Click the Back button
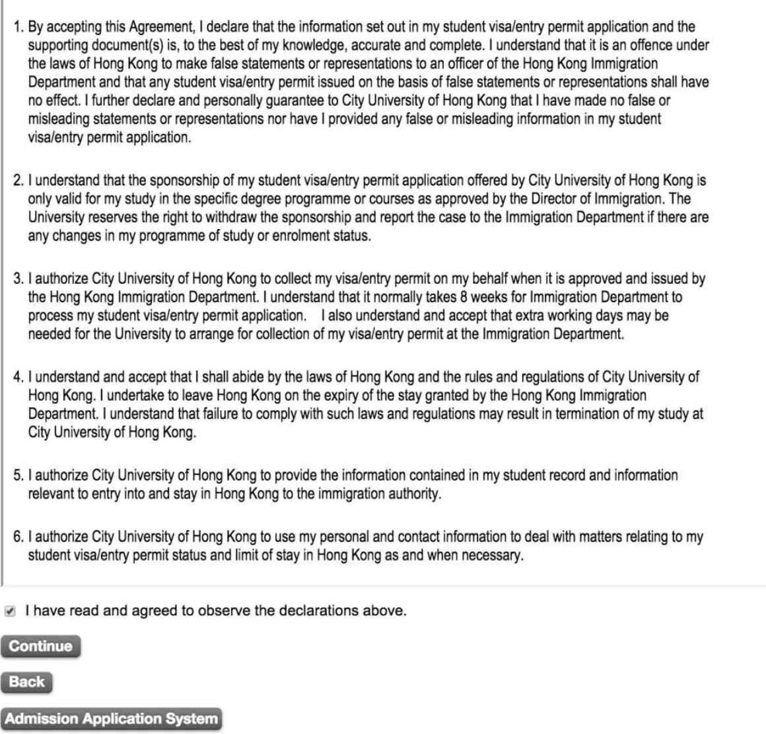[x=26, y=682]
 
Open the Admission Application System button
[x=111, y=718]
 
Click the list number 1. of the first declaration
[x=18, y=28]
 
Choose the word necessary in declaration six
[x=494, y=556]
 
